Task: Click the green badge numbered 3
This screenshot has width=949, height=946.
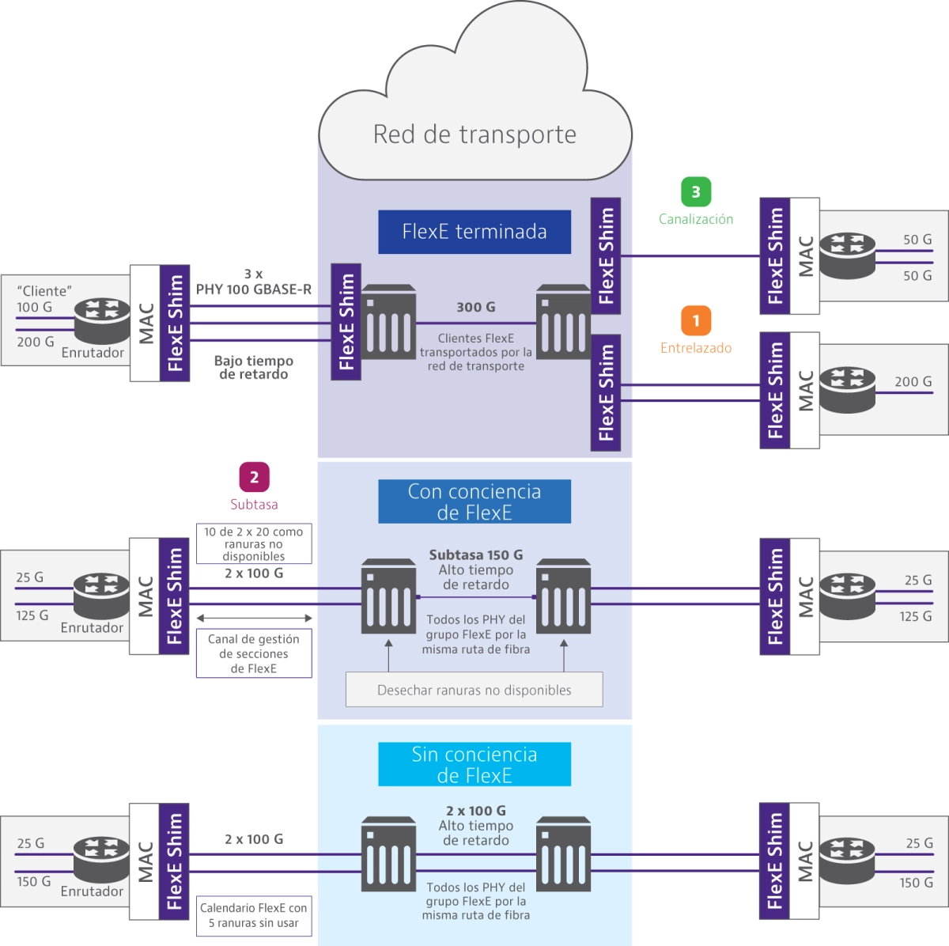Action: click(x=696, y=191)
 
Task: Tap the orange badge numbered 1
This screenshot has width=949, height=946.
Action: click(x=696, y=321)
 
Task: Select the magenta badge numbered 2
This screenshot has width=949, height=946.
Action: click(x=254, y=477)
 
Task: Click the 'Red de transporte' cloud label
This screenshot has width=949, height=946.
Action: click(x=475, y=134)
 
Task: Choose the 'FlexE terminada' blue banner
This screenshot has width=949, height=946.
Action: click(x=475, y=232)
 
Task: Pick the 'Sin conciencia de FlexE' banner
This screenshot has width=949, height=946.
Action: click(x=475, y=764)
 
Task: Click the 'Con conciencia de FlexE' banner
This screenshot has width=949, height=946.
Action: click(x=475, y=501)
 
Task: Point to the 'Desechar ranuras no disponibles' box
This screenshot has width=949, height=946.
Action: click(x=475, y=689)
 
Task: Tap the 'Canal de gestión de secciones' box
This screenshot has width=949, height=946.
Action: click(x=254, y=653)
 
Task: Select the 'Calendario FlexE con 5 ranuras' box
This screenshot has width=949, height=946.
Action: click(x=254, y=915)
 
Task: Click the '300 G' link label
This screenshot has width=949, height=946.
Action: click(x=476, y=307)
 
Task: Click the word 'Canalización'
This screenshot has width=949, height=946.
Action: click(x=696, y=219)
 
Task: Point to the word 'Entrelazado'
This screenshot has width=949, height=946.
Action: click(x=696, y=348)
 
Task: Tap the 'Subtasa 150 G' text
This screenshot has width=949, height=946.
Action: click(x=476, y=554)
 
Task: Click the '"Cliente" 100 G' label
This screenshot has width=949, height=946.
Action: click(x=43, y=299)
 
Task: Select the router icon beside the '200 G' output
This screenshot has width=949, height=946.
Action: click(x=848, y=390)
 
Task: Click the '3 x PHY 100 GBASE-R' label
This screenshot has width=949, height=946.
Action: click(x=254, y=282)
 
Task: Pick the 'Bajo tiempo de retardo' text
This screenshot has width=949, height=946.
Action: click(x=254, y=368)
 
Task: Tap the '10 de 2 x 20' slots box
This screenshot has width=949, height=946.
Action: click(x=254, y=543)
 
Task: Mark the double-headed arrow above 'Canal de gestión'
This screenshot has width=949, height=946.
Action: click(x=254, y=618)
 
